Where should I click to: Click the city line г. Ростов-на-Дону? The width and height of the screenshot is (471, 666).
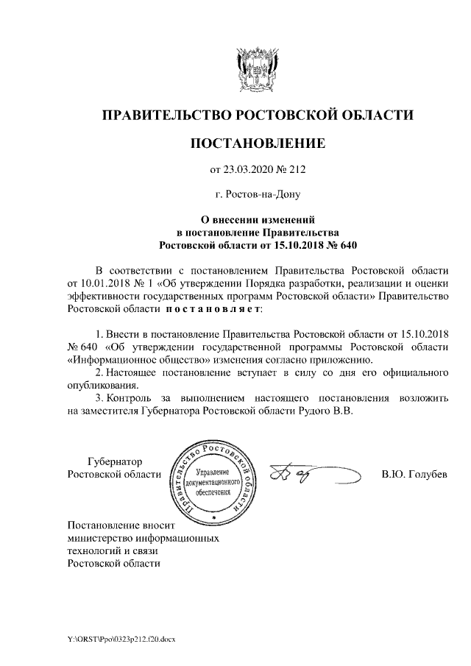257,195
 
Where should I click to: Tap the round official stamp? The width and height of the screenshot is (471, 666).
213,481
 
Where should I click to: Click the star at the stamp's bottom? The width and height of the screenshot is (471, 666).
213,518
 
